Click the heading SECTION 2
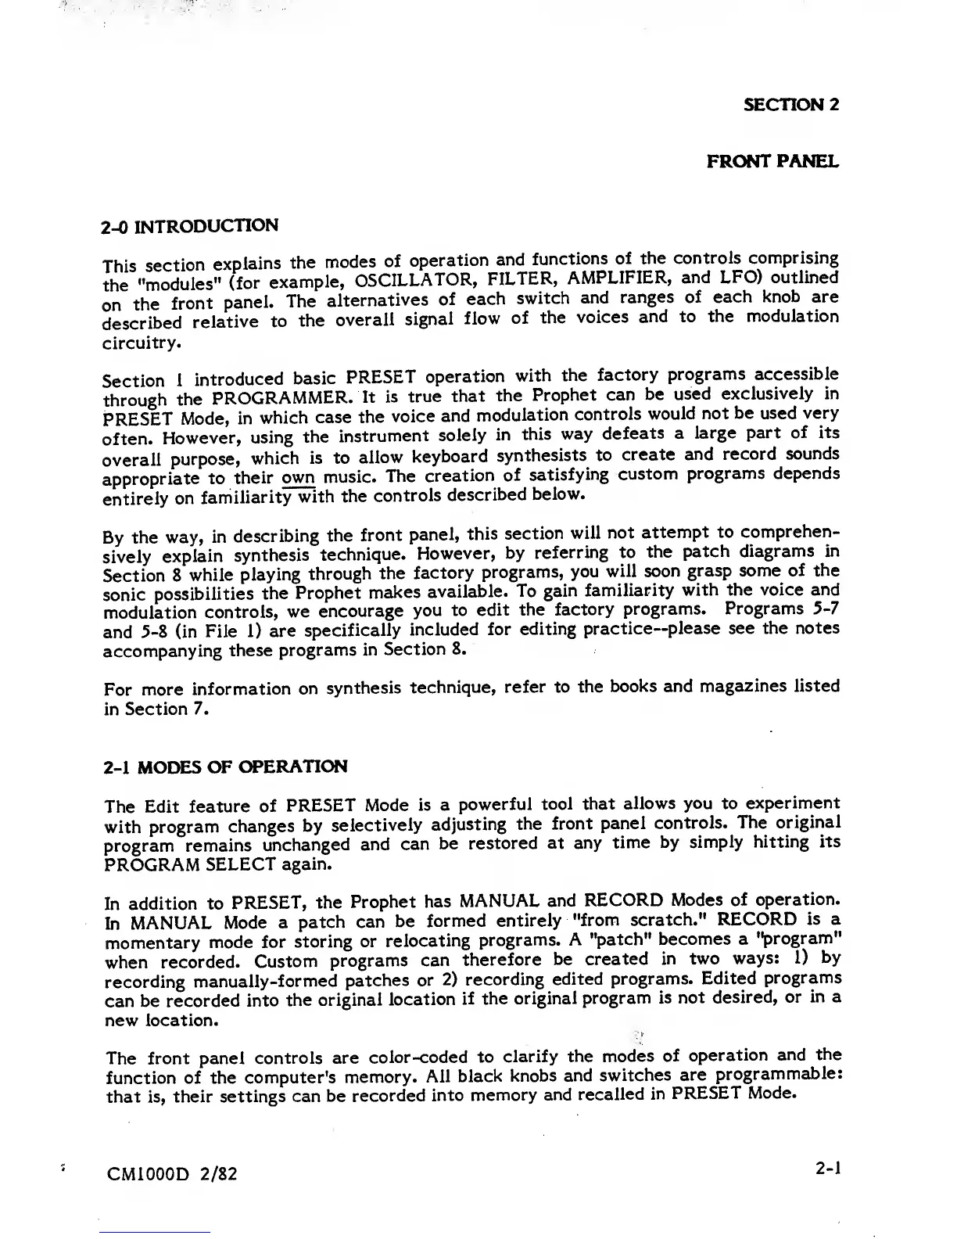click(790, 105)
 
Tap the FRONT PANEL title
click(772, 162)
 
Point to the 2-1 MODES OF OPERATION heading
click(225, 767)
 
